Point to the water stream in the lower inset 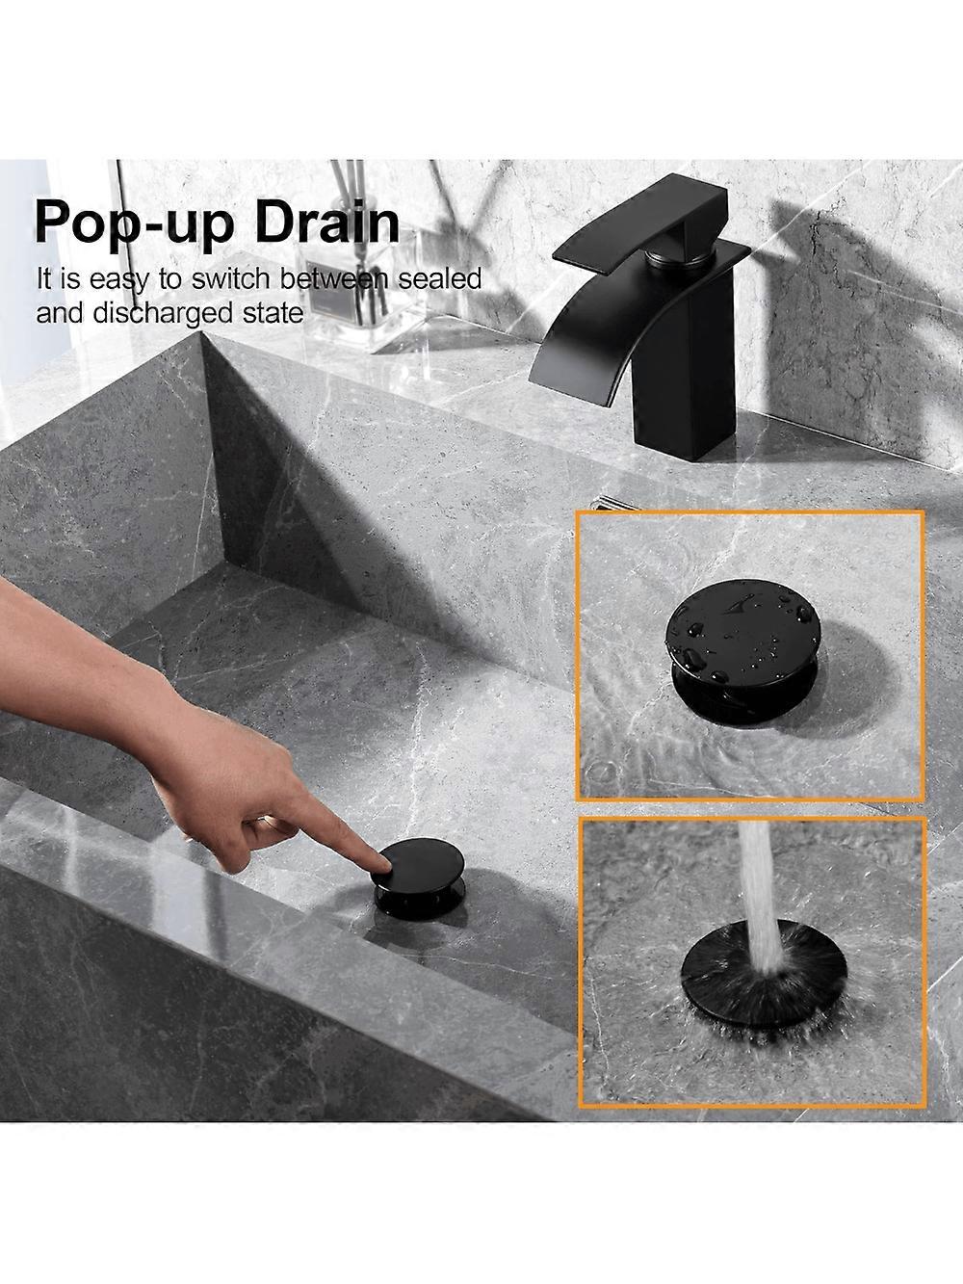tap(760, 883)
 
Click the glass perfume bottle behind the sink tap(344, 293)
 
